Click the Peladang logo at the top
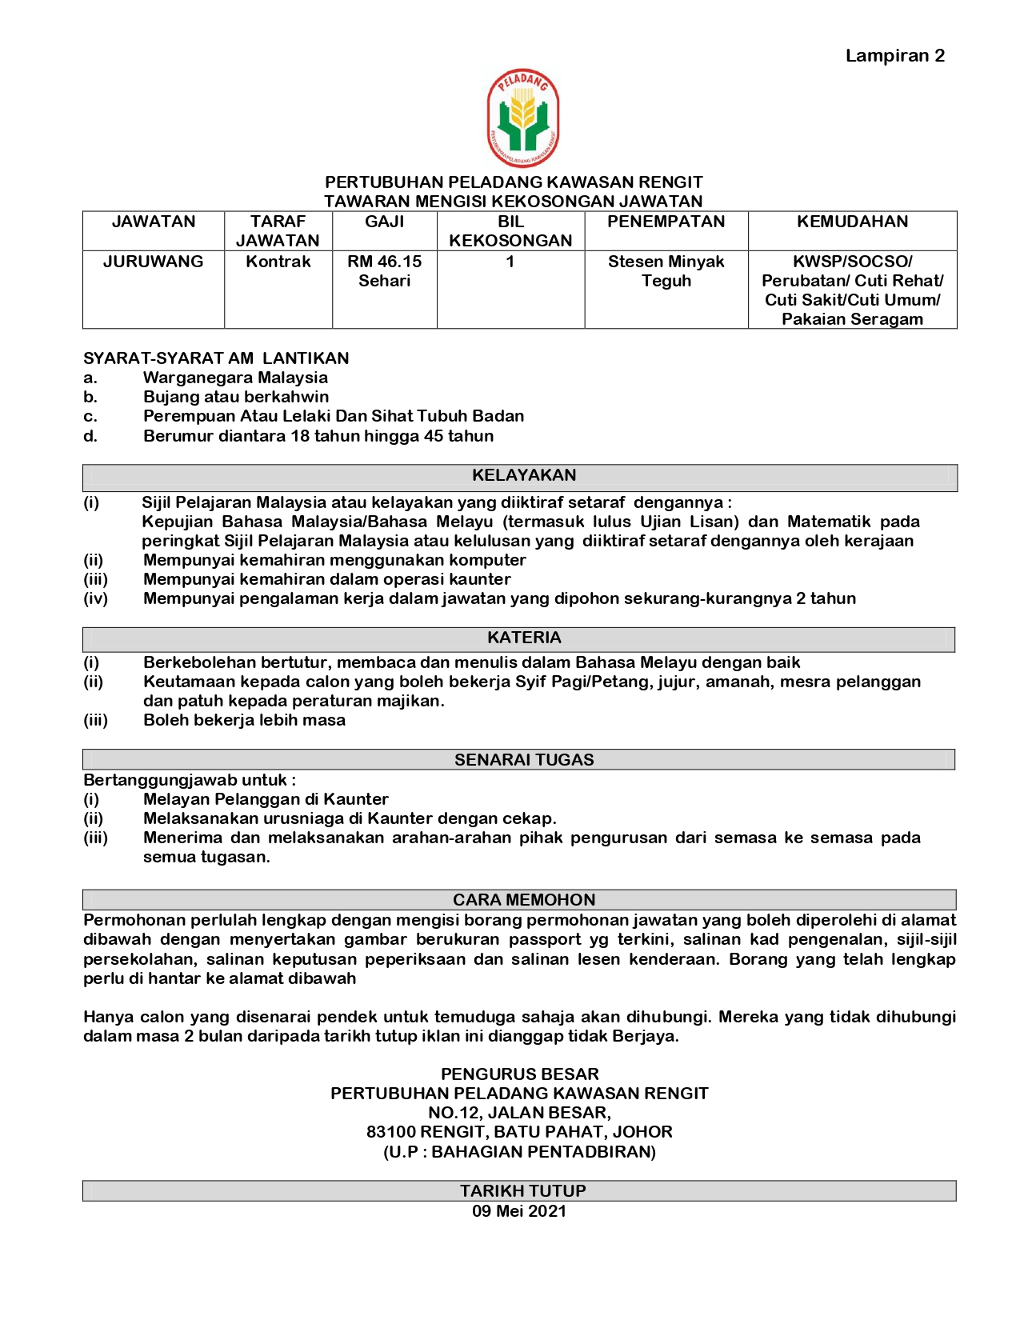[x=522, y=118]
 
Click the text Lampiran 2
[x=894, y=56]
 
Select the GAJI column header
[x=384, y=222]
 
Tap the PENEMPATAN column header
[x=666, y=222]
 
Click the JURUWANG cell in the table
[x=153, y=262]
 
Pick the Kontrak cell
[x=278, y=262]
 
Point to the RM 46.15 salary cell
[x=384, y=271]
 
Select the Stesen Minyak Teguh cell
[x=666, y=271]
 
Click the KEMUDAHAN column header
[x=852, y=222]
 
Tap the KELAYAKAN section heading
[x=524, y=476]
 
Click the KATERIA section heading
[x=524, y=638]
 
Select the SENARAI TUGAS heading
[x=524, y=760]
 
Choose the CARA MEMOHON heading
[x=524, y=900]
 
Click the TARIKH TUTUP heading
[x=522, y=1191]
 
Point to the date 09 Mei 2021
[x=519, y=1211]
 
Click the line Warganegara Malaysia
[x=235, y=378]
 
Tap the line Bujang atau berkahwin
[x=236, y=397]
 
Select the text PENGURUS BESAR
[x=519, y=1074]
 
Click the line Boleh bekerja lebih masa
[x=244, y=720]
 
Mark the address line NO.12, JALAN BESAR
[x=519, y=1113]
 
